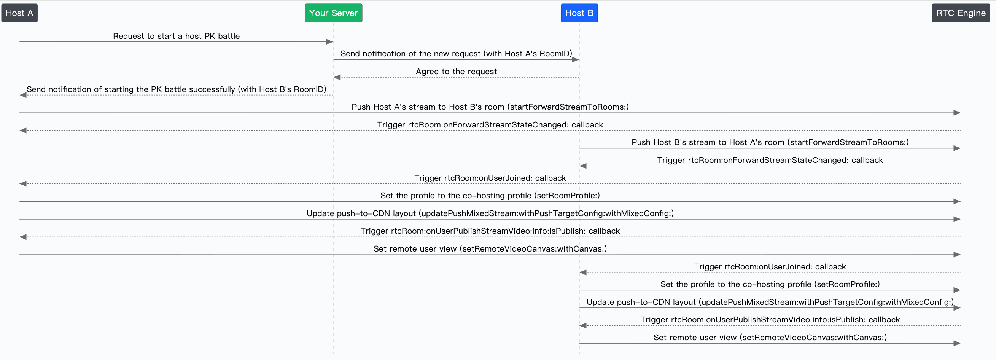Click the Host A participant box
(19, 13)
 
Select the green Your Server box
(333, 13)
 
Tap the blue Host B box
(579, 13)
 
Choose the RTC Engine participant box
(961, 13)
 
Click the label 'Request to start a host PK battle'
(176, 36)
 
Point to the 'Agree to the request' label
(456, 72)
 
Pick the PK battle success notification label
(176, 89)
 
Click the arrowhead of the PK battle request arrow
(329, 42)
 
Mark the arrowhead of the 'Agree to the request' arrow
(337, 77)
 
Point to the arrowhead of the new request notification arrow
(575, 59)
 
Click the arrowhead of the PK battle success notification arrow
(23, 95)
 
